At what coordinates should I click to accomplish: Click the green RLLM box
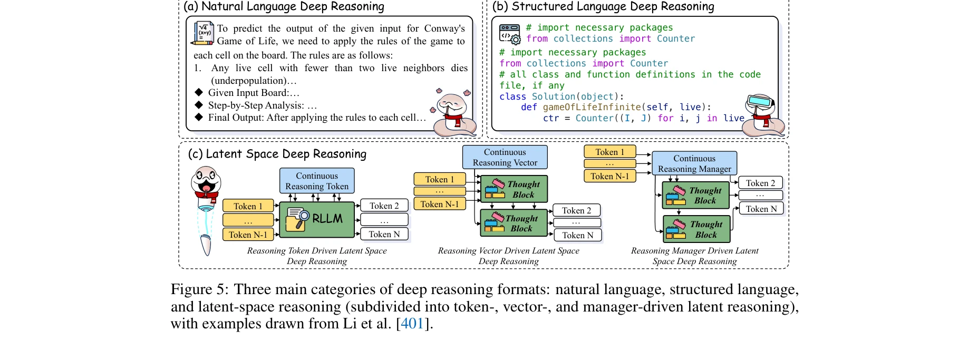(317, 219)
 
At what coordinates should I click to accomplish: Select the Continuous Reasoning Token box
(317, 181)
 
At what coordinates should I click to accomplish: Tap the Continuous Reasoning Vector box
(505, 157)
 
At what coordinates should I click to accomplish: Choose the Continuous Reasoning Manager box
(694, 163)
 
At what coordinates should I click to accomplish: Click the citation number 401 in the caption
(412, 324)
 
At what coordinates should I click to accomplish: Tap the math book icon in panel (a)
(204, 33)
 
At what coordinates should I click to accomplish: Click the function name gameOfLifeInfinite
(592, 107)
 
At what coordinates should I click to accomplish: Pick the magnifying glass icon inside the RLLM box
(298, 218)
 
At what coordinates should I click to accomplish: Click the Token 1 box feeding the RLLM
(248, 206)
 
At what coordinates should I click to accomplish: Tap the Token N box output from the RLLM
(384, 234)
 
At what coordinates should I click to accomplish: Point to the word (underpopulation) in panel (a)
(254, 81)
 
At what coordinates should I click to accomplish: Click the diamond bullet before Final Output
(199, 117)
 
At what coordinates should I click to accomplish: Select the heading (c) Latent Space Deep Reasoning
(277, 154)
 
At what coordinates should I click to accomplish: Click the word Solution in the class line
(553, 96)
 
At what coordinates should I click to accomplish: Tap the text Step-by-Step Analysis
(256, 105)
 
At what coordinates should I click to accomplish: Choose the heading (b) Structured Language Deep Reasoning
(603, 7)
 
